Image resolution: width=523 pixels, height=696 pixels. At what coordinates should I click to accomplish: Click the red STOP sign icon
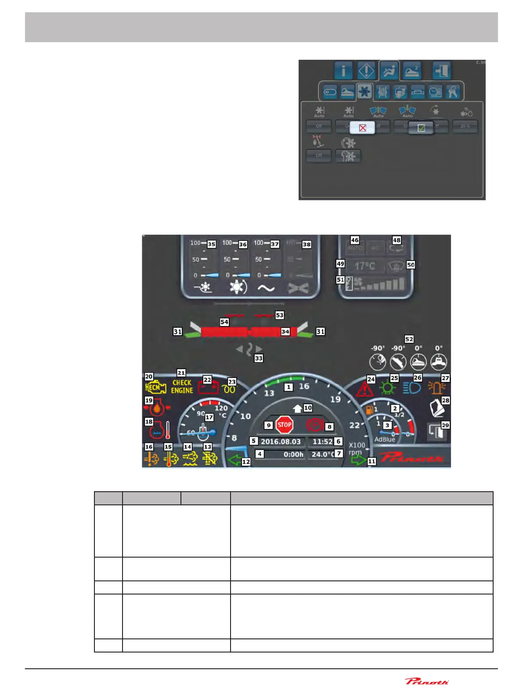pos(284,424)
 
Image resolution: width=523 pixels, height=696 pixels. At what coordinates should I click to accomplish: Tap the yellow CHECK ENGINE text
pos(182,387)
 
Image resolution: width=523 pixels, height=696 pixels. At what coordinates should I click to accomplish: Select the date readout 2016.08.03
pos(281,442)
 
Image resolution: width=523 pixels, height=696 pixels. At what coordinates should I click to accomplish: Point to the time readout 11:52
pos(322,442)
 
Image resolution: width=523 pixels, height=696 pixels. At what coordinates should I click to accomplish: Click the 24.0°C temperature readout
pos(323,454)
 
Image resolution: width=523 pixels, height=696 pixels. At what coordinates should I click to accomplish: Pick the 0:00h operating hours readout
pos(293,454)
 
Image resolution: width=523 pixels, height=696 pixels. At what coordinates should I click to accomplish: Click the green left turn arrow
pos(234,460)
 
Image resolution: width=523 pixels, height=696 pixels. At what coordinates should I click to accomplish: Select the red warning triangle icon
pos(364,389)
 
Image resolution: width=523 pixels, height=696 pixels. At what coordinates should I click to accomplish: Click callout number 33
pos(259,359)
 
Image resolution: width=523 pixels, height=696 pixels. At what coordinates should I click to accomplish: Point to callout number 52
pos(409,339)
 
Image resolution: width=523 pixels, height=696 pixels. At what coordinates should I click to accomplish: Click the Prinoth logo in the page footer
pos(426,681)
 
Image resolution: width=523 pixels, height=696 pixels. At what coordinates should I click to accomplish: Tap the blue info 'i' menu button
pos(343,71)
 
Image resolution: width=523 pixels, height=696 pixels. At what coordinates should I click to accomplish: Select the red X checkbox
pos(362,128)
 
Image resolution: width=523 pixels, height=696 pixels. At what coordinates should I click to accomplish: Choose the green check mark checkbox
pos(421,128)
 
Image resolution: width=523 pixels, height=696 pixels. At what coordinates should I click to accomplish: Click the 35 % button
pos(465,127)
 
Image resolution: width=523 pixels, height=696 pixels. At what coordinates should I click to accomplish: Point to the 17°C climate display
pos(364,266)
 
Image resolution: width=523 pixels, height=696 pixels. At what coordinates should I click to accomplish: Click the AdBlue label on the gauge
pos(385,439)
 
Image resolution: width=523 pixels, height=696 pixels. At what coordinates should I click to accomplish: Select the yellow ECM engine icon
pos(155,388)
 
